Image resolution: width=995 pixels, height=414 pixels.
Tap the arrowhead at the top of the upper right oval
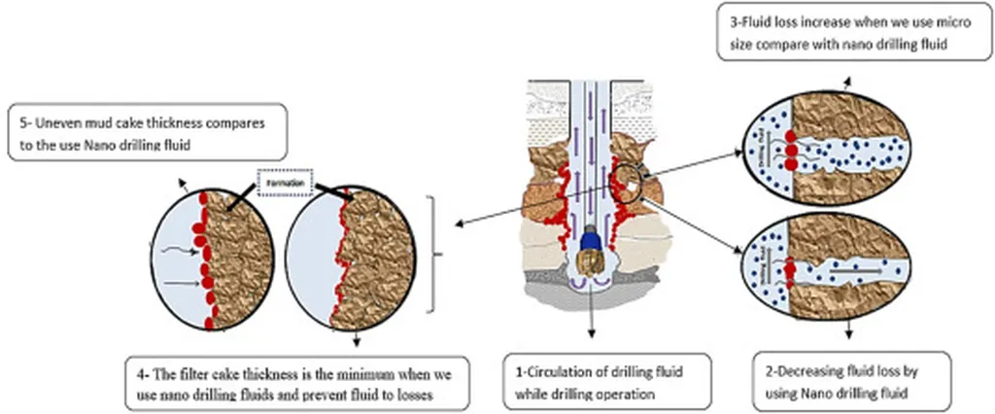[x=846, y=85]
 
